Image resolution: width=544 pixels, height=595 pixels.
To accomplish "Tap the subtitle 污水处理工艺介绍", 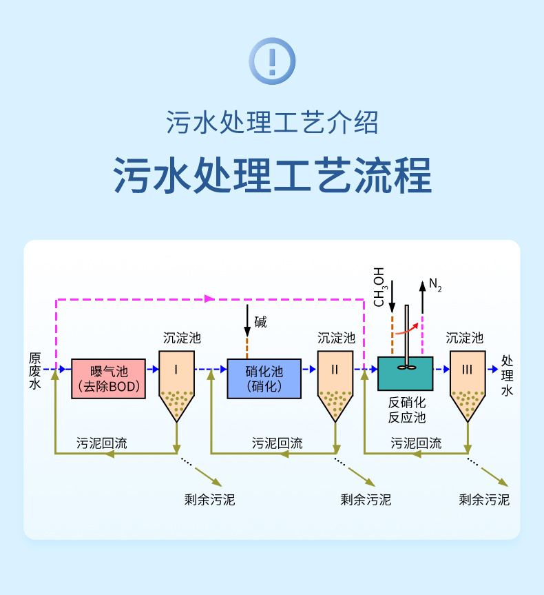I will click(x=272, y=123).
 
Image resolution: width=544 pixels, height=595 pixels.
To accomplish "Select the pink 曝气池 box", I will click(x=109, y=379).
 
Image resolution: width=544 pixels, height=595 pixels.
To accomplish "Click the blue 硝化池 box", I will click(x=264, y=379).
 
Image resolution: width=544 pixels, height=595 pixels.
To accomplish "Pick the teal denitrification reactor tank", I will click(x=405, y=374).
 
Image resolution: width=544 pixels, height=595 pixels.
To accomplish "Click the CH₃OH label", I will click(x=380, y=287).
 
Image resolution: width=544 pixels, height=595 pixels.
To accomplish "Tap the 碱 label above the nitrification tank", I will click(x=260, y=322).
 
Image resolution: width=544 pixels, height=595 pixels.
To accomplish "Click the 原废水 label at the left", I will click(x=35, y=371).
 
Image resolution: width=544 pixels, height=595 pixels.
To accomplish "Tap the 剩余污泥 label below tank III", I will click(x=484, y=499).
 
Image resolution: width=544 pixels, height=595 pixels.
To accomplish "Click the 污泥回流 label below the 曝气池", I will click(x=101, y=443).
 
